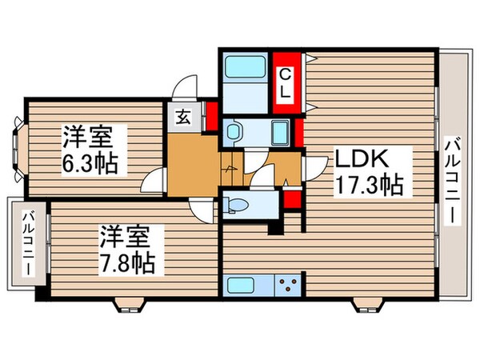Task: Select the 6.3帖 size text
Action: pyautogui.click(x=90, y=163)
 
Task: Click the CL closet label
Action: pyautogui.click(x=284, y=83)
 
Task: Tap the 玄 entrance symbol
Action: pyautogui.click(x=183, y=117)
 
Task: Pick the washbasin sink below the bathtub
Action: pyautogui.click(x=235, y=130)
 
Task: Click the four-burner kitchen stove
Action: pyautogui.click(x=289, y=284)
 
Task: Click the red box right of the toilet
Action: pyautogui.click(x=291, y=198)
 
